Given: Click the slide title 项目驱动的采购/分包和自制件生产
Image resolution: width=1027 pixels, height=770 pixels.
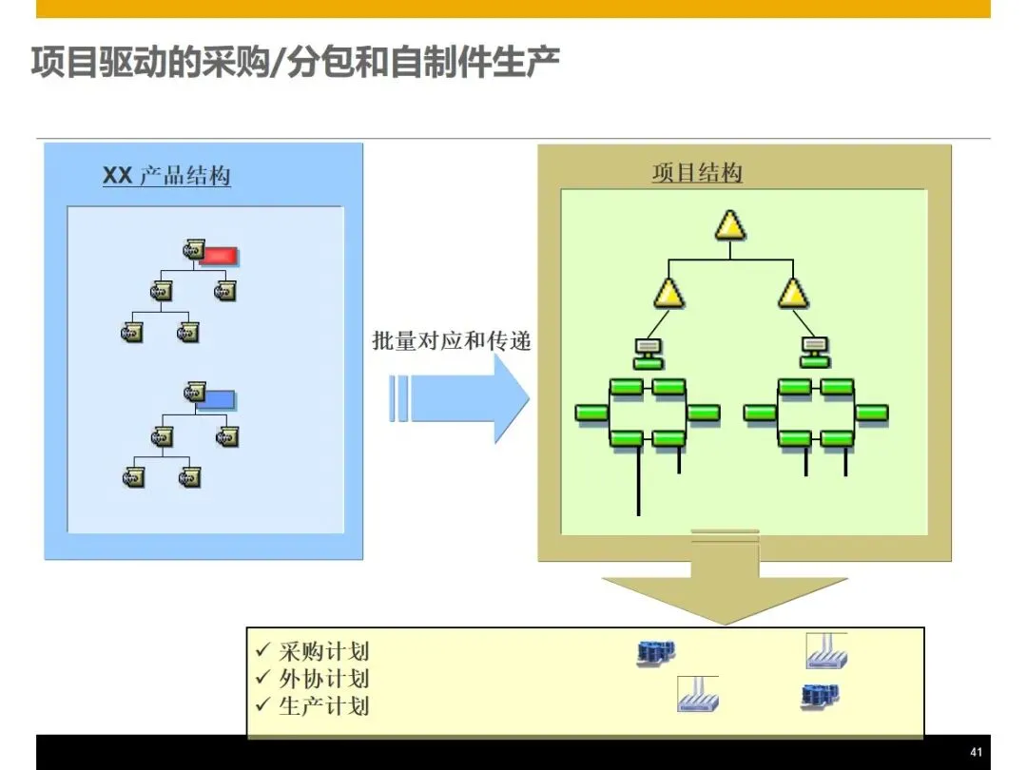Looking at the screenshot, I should tap(295, 63).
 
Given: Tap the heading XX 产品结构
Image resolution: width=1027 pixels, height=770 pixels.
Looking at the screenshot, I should tap(166, 176).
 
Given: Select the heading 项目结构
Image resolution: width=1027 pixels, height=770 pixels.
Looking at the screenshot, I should tap(697, 173).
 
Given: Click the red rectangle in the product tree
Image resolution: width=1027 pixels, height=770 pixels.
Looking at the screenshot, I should tap(221, 255).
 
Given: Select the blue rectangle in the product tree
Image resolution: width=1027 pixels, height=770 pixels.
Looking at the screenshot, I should tap(221, 399).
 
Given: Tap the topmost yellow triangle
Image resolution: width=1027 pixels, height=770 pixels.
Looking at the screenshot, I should tap(729, 225).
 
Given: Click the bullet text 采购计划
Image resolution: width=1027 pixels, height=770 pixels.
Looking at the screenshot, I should tap(323, 651).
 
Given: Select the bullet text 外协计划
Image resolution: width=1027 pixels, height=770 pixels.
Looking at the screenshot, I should tap(323, 679).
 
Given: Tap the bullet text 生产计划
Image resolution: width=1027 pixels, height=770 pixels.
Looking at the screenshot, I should tap(323, 705).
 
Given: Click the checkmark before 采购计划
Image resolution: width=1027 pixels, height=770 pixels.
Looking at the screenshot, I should tap(263, 651).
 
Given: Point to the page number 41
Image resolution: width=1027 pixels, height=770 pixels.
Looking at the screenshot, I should tap(975, 750).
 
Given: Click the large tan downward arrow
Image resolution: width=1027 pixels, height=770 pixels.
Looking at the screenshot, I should tap(725, 585).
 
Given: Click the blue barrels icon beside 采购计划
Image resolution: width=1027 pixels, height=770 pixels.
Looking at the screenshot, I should tap(655, 652).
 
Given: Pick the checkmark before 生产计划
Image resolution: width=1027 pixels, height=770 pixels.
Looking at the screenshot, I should tap(263, 705).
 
